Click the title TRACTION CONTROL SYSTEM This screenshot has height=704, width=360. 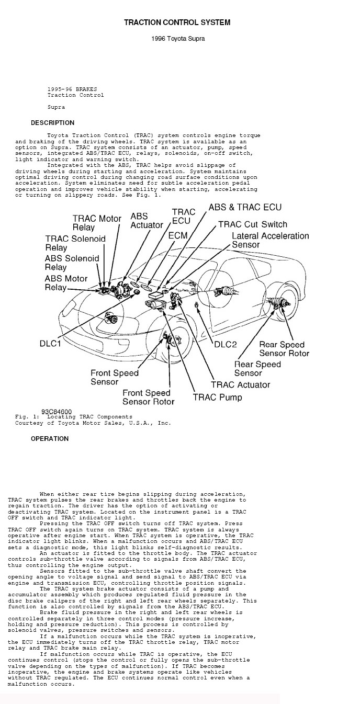click(177, 22)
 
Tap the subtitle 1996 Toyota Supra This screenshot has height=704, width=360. click(177, 39)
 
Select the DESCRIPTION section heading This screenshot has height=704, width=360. click(52, 123)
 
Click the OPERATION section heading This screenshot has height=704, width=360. click(50, 439)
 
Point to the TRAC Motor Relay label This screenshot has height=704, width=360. click(97, 223)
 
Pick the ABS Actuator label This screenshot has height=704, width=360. click(147, 220)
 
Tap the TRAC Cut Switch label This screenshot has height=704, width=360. click(252, 224)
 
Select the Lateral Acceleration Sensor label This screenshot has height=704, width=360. click(270, 240)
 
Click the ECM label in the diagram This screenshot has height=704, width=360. click(178, 236)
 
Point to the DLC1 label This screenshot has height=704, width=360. click(50, 344)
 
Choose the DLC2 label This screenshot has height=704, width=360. click(226, 344)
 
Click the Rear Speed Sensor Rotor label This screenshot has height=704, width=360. click(284, 349)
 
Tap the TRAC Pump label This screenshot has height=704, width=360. click(218, 397)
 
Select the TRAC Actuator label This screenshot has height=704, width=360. click(240, 384)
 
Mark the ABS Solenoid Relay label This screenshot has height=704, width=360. click(72, 263)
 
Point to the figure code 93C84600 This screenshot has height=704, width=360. click(57, 412)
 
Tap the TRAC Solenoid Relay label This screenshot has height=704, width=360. click(75, 243)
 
